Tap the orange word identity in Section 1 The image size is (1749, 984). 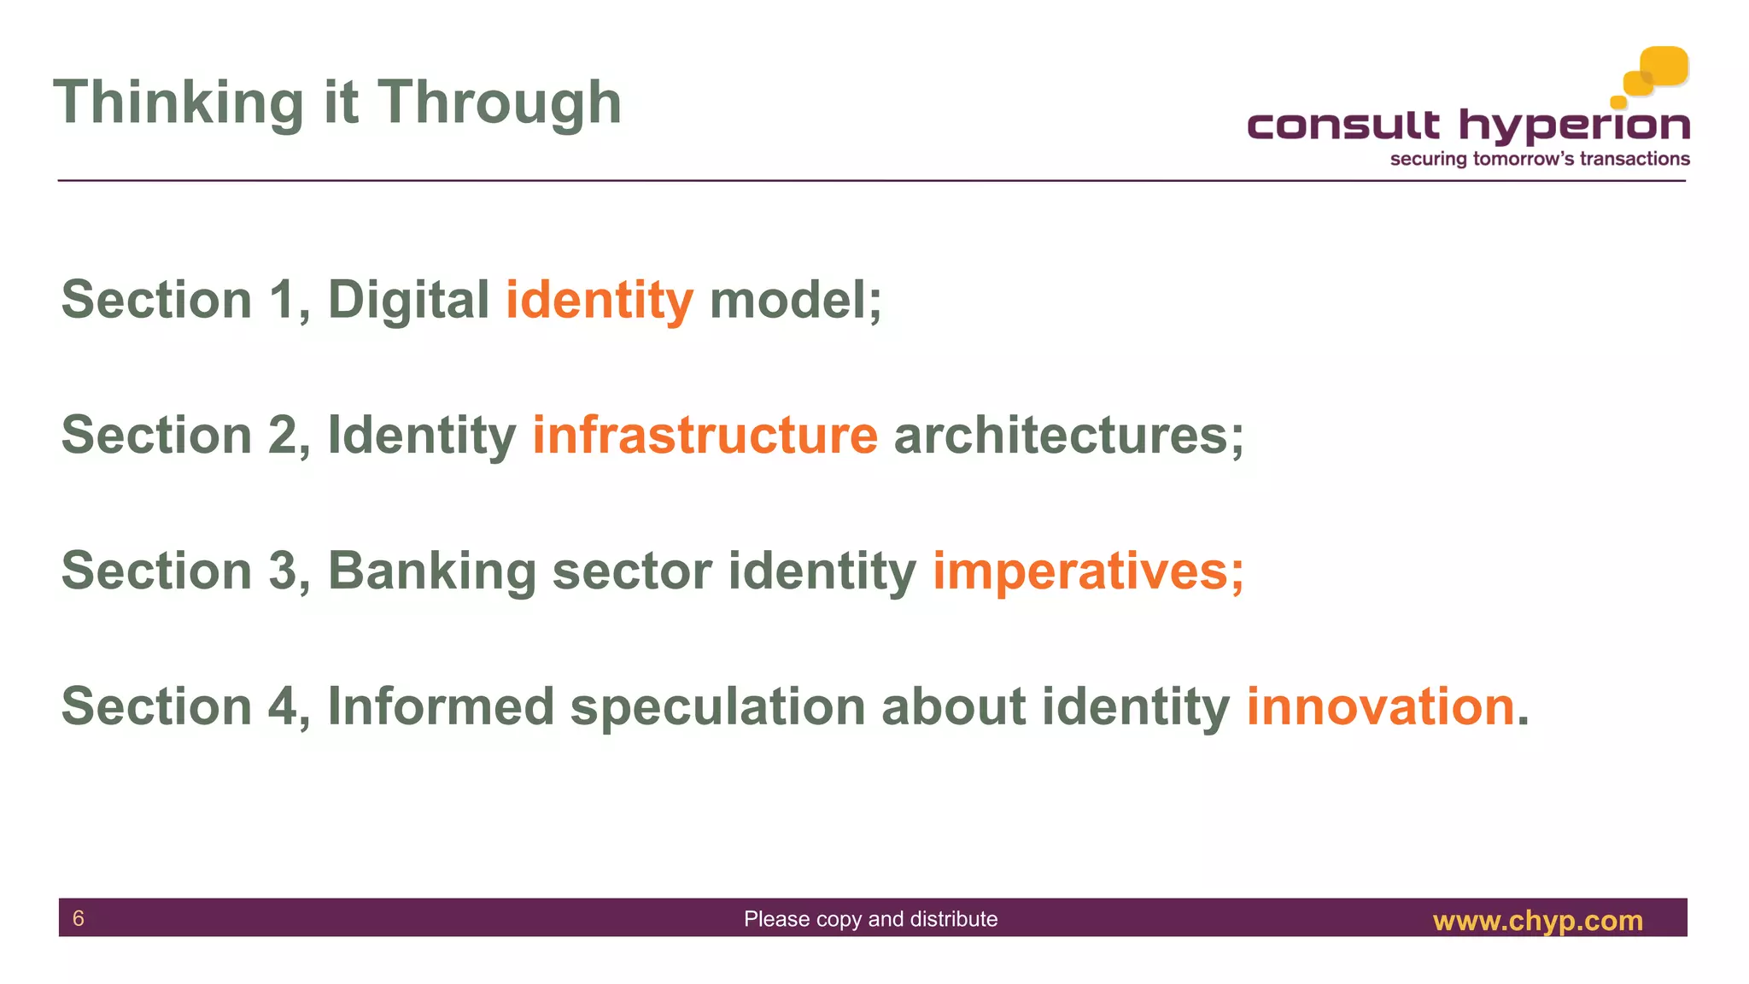coord(599,301)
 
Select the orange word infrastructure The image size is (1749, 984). coord(705,436)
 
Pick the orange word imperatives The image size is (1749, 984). coord(1080,571)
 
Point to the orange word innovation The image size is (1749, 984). coord(1380,706)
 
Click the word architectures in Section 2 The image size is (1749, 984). coord(1059,436)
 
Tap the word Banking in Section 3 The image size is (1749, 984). coord(431,571)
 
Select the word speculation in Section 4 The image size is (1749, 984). coord(717,706)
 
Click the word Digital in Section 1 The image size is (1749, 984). coord(407,301)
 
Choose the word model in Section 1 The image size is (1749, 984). coord(787,301)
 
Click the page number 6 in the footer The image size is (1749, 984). coord(79,918)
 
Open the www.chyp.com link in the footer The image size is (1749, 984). coord(1537,920)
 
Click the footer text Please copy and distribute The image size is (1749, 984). coord(870,919)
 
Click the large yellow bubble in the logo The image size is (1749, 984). coord(1664,66)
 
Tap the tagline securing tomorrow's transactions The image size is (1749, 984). coord(1539,159)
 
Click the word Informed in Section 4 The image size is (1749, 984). coord(441,706)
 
